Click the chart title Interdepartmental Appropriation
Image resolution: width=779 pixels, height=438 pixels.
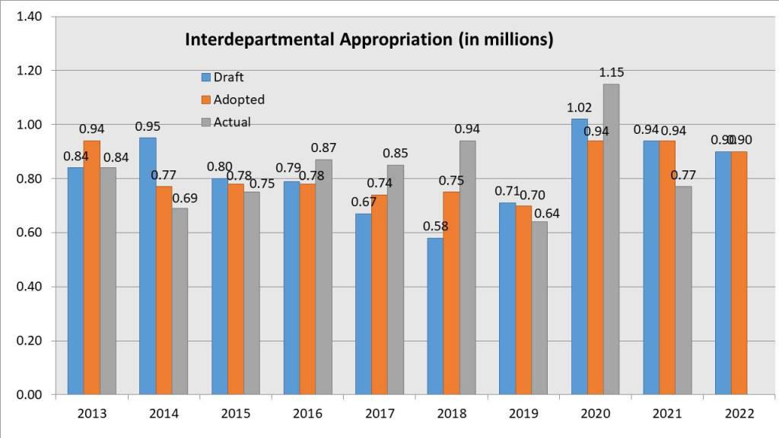tap(369, 40)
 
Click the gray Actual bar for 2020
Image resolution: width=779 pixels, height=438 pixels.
tap(610, 239)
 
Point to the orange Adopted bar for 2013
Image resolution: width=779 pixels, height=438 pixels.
tap(92, 267)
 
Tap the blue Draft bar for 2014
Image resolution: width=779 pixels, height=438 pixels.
tap(148, 266)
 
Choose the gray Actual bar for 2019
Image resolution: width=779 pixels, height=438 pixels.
tap(539, 308)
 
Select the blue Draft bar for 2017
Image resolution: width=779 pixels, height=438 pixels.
tap(364, 303)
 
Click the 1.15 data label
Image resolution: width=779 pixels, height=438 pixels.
tap(612, 73)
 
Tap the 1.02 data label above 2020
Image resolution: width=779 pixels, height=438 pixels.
tap(579, 108)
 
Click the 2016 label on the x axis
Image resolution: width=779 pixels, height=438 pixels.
tap(307, 414)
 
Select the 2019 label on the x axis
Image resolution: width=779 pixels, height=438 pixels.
tap(523, 414)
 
